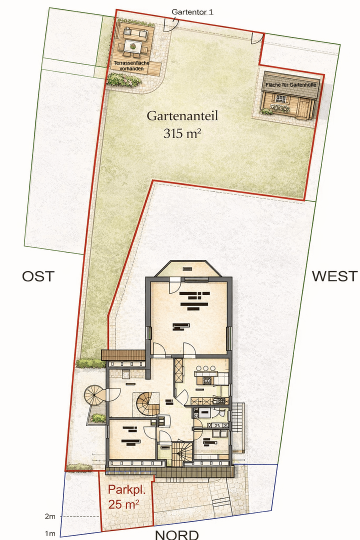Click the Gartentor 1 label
(x=192, y=11)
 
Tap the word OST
(x=37, y=276)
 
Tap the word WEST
(x=334, y=276)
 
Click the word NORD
(x=176, y=534)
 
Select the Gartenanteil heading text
(x=182, y=116)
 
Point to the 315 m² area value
(x=182, y=133)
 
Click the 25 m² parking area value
(x=123, y=505)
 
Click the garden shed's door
(x=302, y=107)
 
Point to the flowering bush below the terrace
(x=123, y=79)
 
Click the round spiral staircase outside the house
(x=94, y=395)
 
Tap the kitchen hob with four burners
(x=206, y=381)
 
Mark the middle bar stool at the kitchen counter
(x=205, y=369)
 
